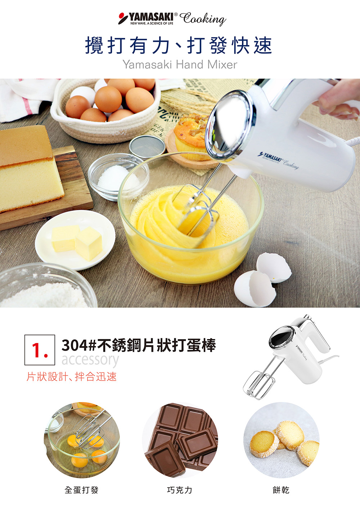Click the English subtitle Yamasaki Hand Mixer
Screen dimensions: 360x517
click(x=180, y=64)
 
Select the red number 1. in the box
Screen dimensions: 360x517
click(x=40, y=350)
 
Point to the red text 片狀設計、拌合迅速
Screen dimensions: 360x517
click(x=72, y=377)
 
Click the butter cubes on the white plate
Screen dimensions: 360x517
click(x=77, y=242)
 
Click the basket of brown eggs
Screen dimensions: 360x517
click(x=105, y=110)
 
